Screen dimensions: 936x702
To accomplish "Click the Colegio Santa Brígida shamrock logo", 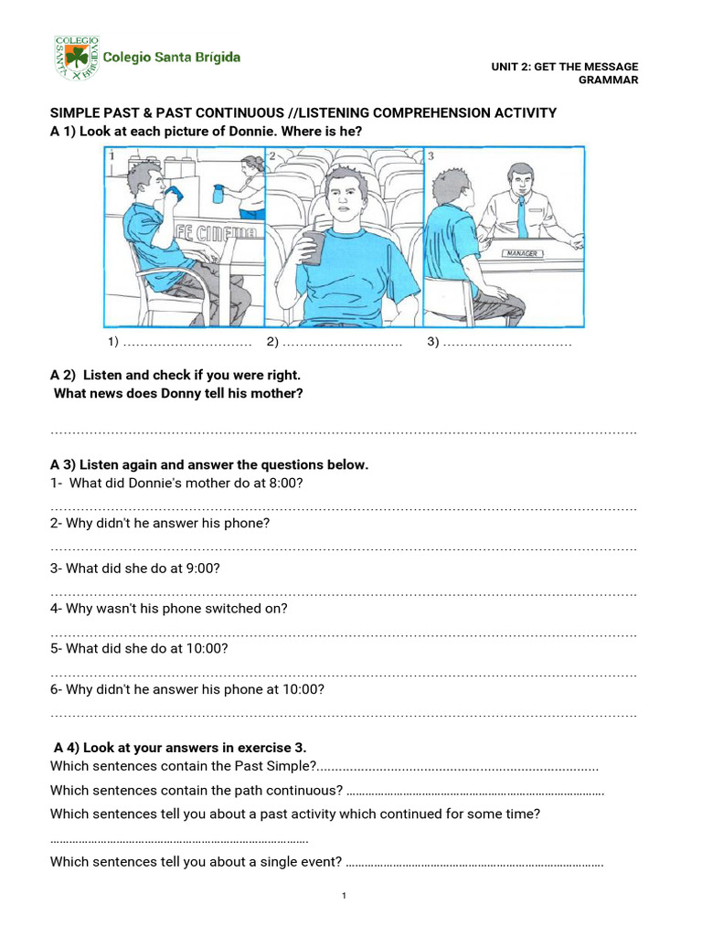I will (x=76, y=58).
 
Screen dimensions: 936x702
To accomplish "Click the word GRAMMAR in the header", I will (x=609, y=80).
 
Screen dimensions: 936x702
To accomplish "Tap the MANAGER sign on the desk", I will (x=523, y=253).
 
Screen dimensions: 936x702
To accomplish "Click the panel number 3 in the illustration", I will (x=431, y=156).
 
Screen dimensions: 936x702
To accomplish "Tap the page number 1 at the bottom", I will (x=344, y=896).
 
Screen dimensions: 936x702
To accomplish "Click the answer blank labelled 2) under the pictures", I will (x=335, y=342).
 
